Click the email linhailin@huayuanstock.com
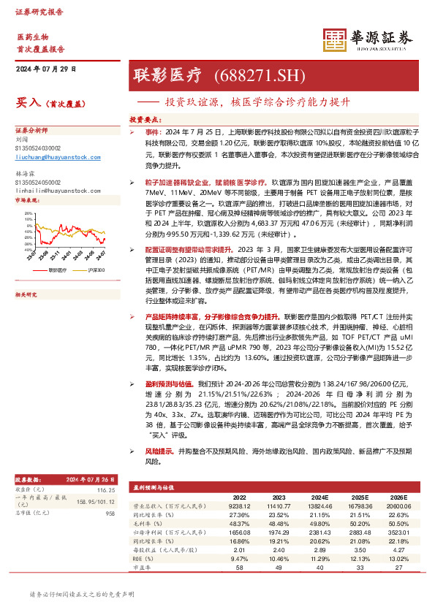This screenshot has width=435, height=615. [57, 188]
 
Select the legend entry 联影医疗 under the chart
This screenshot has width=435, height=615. [58, 270]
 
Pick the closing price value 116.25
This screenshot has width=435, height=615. [107, 489]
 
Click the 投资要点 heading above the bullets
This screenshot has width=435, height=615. [145, 117]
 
